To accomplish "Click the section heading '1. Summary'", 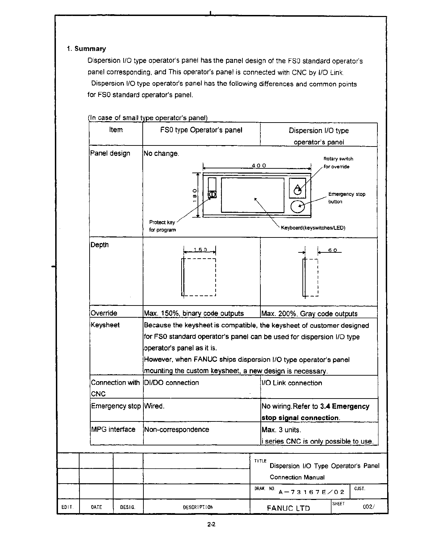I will [86, 49].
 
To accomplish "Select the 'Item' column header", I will [116, 130].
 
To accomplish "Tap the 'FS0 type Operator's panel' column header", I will [201, 130].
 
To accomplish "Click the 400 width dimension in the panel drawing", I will [259, 166].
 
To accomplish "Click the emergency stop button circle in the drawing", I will [297, 207].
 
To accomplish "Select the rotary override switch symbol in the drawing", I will [297, 189].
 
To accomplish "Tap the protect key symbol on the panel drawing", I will [212, 194].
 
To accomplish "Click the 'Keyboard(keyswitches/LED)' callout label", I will [313, 228].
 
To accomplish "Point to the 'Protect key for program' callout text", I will [162, 226].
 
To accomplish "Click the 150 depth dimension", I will [200, 250].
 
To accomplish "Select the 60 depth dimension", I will [332, 250].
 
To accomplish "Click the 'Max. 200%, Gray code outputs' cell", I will [309, 314].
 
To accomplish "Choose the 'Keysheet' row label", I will [105, 325].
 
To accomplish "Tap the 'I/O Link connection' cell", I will [292, 383].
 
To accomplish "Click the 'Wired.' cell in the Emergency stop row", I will [154, 406].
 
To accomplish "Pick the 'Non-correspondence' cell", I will [176, 429].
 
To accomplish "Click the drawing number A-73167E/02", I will [311, 492].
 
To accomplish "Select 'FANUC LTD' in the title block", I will [288, 508].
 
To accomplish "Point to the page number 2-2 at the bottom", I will [211, 525].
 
